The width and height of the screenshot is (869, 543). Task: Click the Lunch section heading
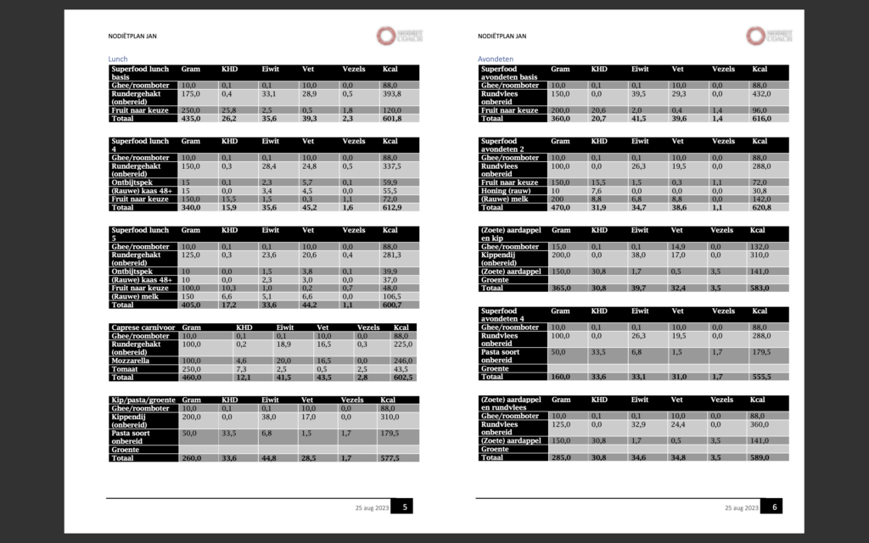(x=117, y=59)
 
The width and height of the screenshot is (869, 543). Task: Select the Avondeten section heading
(x=496, y=59)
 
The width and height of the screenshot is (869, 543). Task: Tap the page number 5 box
(x=406, y=507)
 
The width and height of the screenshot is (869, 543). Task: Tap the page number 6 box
(x=774, y=507)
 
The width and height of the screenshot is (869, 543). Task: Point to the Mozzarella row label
(x=132, y=361)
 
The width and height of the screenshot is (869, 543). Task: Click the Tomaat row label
(x=125, y=368)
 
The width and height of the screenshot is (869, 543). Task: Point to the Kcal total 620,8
(x=763, y=208)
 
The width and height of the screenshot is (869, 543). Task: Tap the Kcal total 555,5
(x=763, y=377)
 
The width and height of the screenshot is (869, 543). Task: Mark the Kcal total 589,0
(x=763, y=458)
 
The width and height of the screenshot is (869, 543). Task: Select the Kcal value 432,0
(x=763, y=95)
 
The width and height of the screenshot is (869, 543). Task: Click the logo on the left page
(x=396, y=36)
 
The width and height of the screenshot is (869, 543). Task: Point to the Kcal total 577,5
(x=393, y=458)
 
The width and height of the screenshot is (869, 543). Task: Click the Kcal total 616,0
(x=763, y=119)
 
